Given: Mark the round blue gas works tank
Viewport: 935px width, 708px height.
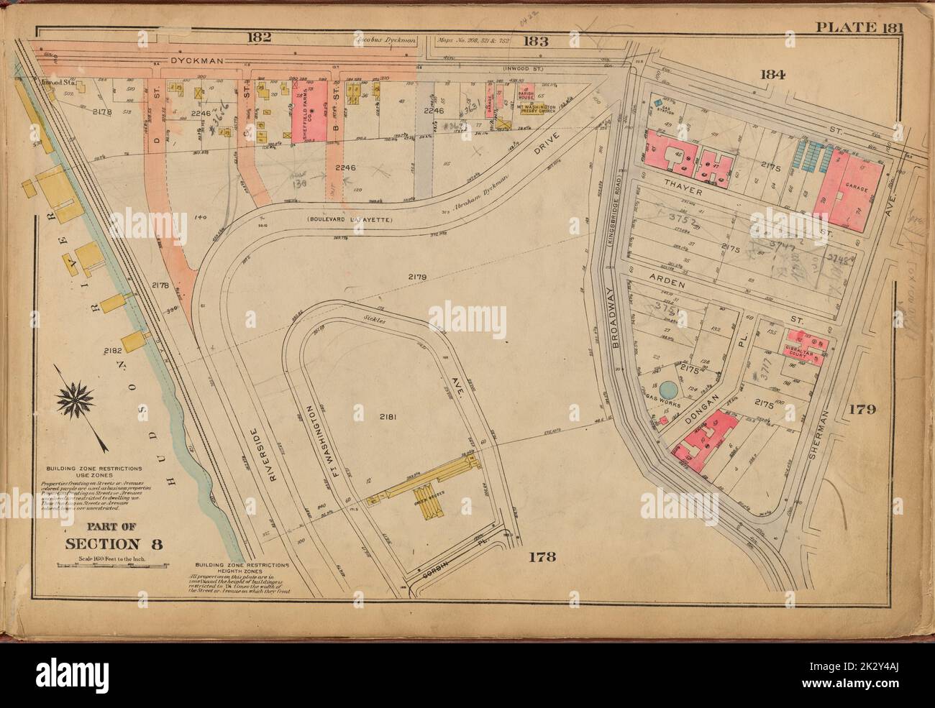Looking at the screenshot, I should (x=669, y=389).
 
